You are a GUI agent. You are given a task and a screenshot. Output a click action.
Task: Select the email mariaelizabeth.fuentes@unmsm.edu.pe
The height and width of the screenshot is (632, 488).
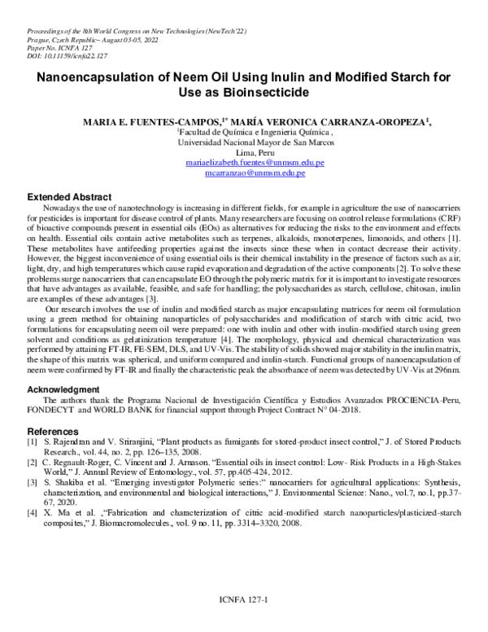[255, 163]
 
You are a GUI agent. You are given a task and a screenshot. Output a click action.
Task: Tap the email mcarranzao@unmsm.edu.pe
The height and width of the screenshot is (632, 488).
[255, 173]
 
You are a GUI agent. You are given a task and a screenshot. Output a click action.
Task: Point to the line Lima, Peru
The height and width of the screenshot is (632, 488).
[255, 152]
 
